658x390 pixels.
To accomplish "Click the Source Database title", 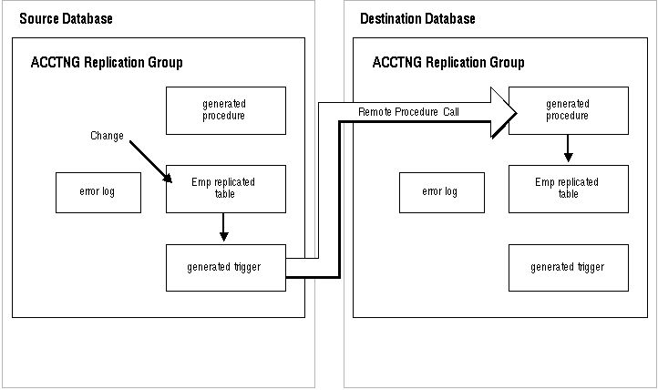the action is (x=66, y=19).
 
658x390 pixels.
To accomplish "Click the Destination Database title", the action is (x=417, y=19).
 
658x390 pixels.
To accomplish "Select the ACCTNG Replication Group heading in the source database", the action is (x=107, y=63).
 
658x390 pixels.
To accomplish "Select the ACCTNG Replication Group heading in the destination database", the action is (x=448, y=63).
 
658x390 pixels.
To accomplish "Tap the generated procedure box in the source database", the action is (x=226, y=110).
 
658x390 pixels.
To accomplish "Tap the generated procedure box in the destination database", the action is (x=569, y=110).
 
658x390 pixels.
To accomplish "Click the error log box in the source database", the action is (x=98, y=192).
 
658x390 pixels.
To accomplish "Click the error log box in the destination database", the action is (x=442, y=192).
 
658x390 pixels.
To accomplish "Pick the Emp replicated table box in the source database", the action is (x=226, y=189).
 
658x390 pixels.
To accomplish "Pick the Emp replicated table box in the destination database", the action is (x=569, y=189).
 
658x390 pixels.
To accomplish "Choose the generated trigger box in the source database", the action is (x=226, y=268).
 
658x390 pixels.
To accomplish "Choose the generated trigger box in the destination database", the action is (x=569, y=268).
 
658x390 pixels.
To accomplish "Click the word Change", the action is (x=107, y=136).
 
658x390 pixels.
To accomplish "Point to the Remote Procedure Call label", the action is (x=408, y=112).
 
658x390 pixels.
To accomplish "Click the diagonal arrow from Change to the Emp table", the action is (x=150, y=162).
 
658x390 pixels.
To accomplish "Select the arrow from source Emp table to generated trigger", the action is (x=223, y=227).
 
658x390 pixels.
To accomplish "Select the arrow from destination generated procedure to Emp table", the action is (x=568, y=148).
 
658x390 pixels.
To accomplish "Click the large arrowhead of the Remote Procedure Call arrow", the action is (x=504, y=112).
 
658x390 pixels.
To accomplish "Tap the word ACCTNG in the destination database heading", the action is (x=397, y=62).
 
